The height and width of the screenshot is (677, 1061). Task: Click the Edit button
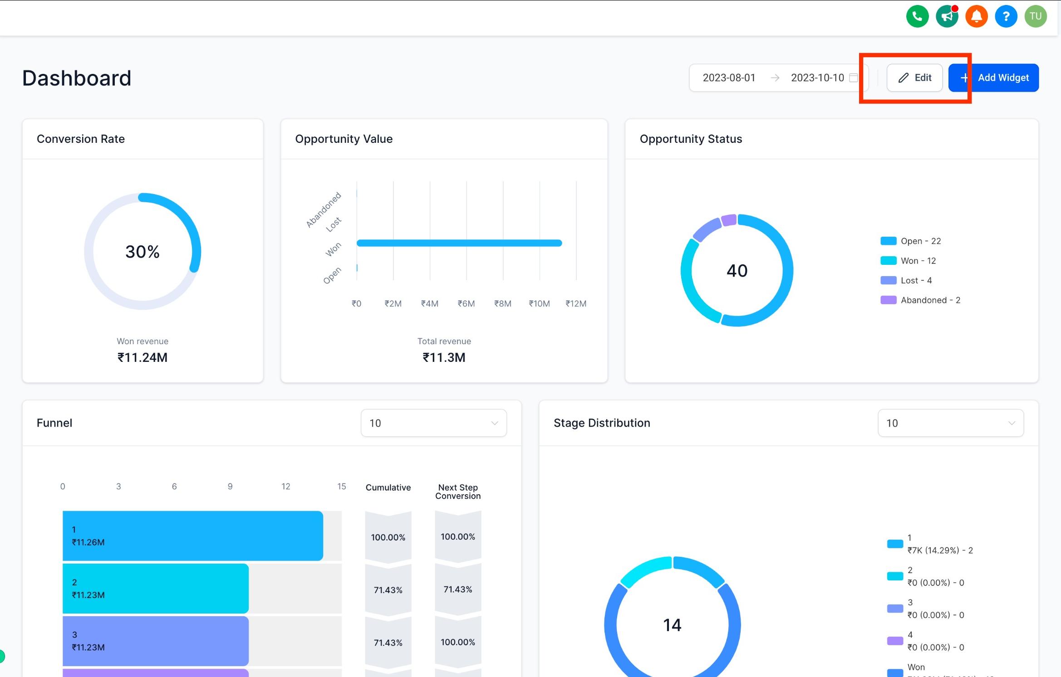(x=914, y=78)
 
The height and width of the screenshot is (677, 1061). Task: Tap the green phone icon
(x=917, y=16)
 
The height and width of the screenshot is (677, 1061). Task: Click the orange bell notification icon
(x=976, y=16)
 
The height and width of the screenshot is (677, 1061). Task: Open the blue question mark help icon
(x=1006, y=16)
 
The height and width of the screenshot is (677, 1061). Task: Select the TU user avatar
(x=1035, y=16)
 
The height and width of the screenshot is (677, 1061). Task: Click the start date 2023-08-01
(x=729, y=78)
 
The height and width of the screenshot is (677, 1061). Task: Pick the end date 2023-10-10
(x=817, y=78)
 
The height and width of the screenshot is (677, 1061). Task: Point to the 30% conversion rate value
(x=142, y=252)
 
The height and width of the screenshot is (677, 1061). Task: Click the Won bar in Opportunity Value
(x=459, y=243)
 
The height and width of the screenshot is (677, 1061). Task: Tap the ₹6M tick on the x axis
(x=466, y=303)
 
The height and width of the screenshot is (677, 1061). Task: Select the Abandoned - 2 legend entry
(x=920, y=300)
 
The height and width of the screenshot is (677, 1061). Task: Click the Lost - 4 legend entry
(x=906, y=280)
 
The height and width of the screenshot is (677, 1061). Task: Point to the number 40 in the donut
(x=737, y=271)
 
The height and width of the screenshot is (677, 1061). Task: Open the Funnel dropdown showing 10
(x=433, y=423)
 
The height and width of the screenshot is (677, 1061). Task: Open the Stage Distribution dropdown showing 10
(x=951, y=423)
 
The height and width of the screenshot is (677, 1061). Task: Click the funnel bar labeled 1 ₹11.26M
(x=193, y=536)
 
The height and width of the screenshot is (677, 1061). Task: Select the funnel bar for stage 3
(x=156, y=641)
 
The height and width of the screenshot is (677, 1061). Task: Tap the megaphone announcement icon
(x=947, y=16)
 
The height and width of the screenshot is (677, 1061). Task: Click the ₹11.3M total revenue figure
(x=444, y=357)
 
